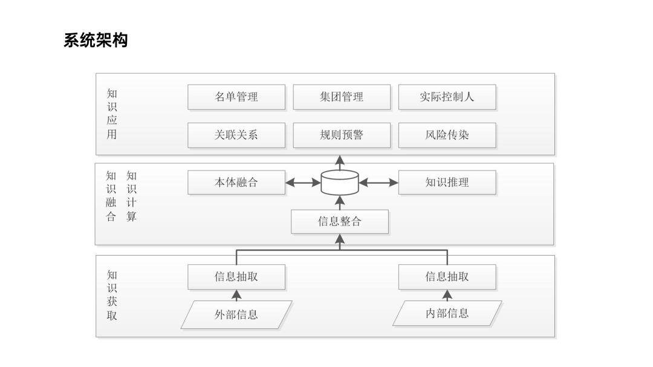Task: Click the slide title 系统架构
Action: (x=96, y=41)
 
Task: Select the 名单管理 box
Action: (x=236, y=97)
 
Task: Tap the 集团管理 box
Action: (x=342, y=97)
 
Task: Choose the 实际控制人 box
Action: (x=447, y=97)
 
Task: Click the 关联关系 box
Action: (x=236, y=135)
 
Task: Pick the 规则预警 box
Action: (x=342, y=135)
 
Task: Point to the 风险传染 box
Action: (x=447, y=135)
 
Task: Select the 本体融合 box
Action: (x=236, y=183)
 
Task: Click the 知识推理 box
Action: (x=447, y=183)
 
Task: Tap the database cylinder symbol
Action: (x=340, y=183)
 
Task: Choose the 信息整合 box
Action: (x=339, y=222)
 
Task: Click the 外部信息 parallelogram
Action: (x=236, y=314)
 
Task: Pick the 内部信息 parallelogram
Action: (x=447, y=313)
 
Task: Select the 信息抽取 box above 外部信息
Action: (x=236, y=276)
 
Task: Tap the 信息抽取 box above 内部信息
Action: (x=447, y=276)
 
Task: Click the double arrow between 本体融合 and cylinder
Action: (x=303, y=183)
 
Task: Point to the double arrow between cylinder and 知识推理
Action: (x=378, y=183)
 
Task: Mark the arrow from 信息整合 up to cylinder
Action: (x=340, y=203)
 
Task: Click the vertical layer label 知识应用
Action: (x=112, y=114)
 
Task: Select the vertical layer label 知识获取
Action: (x=112, y=295)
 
